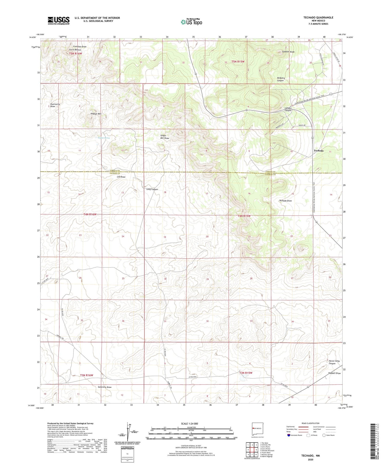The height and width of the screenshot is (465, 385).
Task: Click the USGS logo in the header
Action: [x=59, y=21]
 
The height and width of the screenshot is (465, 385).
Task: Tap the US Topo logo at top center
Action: [x=191, y=22]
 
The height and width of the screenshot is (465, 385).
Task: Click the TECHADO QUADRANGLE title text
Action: [x=318, y=17]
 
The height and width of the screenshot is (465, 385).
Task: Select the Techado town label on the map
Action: [x=319, y=151]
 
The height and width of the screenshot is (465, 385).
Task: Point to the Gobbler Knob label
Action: [x=288, y=52]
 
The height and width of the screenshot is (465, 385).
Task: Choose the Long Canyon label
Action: [x=152, y=189]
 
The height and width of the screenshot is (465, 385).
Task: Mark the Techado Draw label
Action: [x=285, y=201]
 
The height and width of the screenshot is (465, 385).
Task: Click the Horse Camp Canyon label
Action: [x=334, y=362]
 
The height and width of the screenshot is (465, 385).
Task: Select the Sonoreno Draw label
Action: [x=105, y=387]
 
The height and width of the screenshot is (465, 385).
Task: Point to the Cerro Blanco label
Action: [x=75, y=50]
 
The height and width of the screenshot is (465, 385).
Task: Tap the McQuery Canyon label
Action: [x=280, y=79]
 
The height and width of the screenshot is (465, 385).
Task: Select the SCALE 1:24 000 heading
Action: [x=189, y=424]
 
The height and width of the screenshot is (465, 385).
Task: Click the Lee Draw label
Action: [x=121, y=177]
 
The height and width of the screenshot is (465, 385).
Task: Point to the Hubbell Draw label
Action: [x=334, y=373]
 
